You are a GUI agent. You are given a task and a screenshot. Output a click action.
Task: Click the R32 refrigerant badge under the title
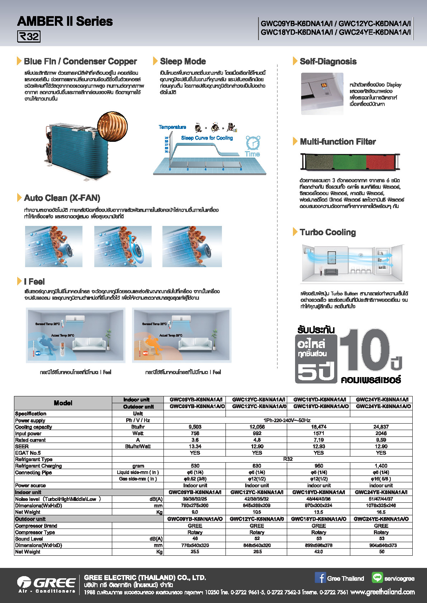29,37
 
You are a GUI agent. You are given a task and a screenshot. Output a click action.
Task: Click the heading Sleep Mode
183,61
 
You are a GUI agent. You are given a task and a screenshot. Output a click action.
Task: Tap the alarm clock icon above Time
253,143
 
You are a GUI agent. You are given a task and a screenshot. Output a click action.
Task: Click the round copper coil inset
112,126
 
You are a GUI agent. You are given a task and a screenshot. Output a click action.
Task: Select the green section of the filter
350,162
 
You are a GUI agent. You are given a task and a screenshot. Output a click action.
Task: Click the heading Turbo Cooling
328,232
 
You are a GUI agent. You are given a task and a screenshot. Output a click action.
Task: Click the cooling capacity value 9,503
195,427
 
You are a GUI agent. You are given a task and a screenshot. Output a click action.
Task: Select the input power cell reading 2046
381,433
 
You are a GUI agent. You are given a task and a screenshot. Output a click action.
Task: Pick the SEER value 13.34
195,447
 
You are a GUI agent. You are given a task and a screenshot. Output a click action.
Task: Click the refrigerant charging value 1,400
381,466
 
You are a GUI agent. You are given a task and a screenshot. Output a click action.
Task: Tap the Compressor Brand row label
36,526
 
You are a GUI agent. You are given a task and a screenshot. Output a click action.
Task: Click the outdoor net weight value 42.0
318,552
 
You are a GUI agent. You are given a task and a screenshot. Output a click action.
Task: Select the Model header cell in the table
63,403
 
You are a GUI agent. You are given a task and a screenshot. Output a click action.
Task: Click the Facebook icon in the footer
320,578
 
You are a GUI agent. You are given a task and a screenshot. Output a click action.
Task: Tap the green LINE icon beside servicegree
377,578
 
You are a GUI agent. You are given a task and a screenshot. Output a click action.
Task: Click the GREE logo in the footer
46,584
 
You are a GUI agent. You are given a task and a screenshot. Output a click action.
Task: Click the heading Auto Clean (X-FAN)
62,198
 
